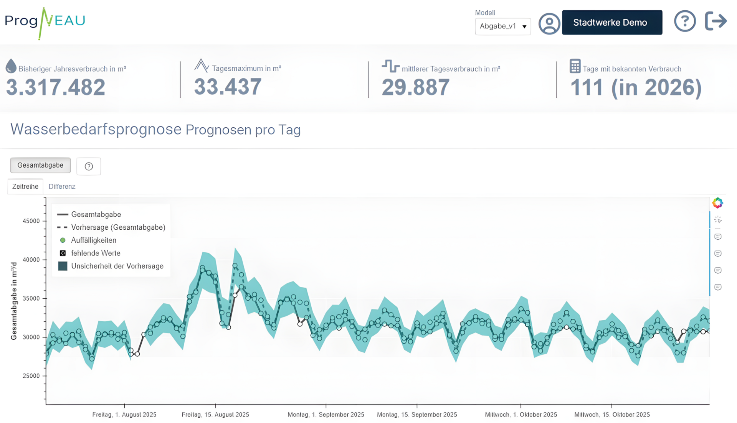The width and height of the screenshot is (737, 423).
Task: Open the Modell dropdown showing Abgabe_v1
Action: point(503,26)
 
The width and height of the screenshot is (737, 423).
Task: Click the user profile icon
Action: point(549,24)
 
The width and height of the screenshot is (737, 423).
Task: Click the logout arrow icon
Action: point(716,21)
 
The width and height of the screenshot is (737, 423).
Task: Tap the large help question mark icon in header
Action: point(685,21)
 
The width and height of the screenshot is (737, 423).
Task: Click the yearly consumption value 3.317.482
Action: point(56,87)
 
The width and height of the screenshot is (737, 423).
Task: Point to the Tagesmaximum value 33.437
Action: point(228,87)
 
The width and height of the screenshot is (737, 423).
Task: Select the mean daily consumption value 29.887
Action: point(415,87)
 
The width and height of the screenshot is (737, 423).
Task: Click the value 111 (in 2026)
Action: point(636,88)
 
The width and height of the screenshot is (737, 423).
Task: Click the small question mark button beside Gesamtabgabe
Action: point(89,166)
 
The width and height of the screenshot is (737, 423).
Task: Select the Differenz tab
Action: point(62,186)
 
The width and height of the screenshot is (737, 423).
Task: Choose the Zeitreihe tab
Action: point(25,186)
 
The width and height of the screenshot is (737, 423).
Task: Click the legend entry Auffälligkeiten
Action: point(94,240)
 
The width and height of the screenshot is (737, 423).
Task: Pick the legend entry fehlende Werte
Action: point(96,253)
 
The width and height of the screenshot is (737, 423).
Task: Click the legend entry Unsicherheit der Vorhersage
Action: point(117,266)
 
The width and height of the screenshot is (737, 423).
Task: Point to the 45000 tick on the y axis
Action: point(31,221)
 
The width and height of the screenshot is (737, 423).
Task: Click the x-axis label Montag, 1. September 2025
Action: point(326,415)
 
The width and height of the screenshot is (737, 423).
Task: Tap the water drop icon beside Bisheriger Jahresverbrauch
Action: point(11,66)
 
